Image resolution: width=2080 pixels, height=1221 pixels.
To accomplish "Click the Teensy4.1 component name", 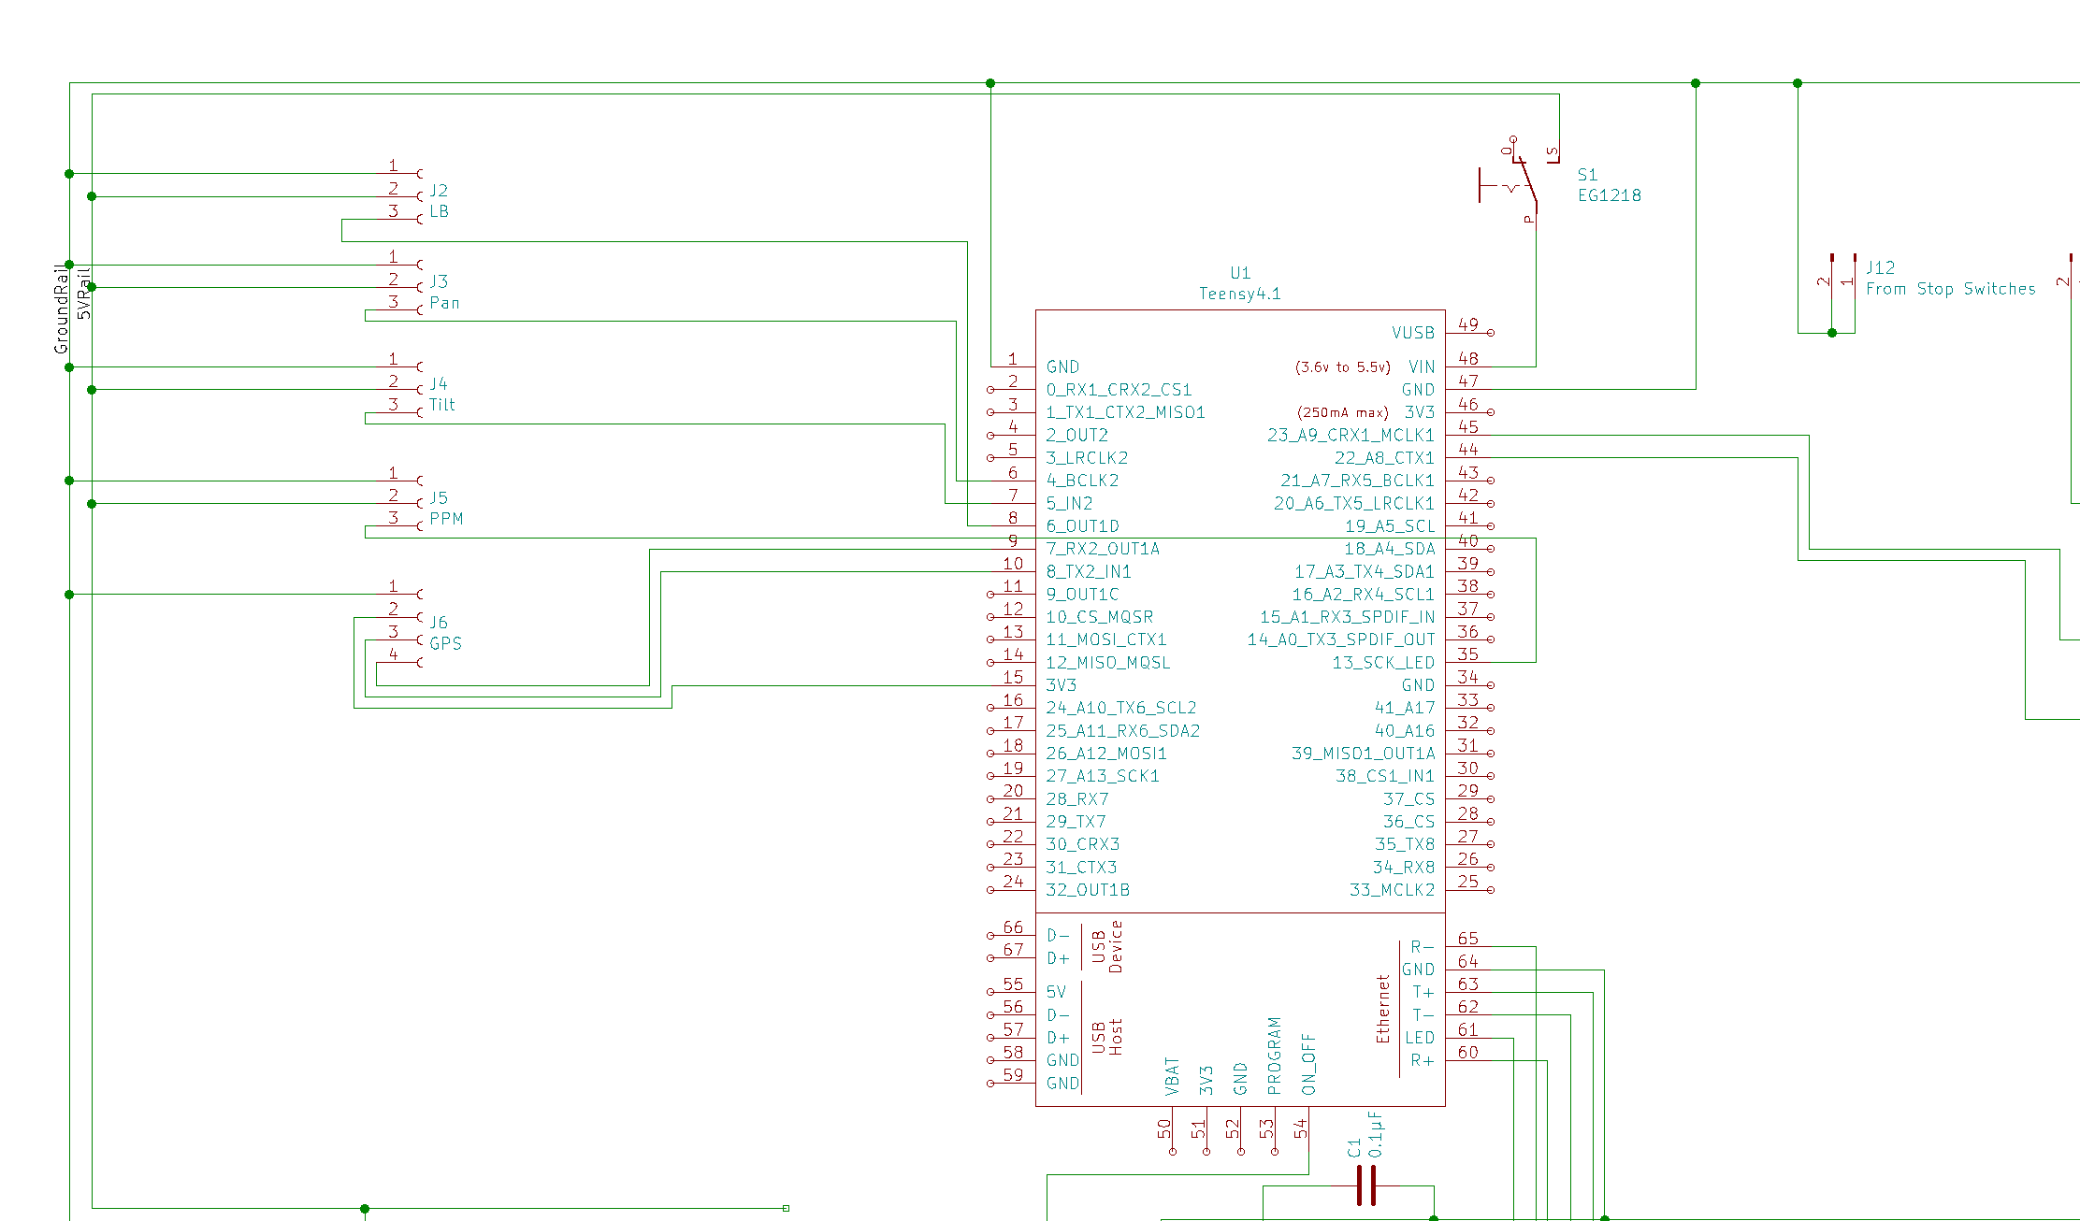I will tap(1240, 294).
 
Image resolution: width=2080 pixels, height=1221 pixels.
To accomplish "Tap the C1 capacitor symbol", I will tap(1365, 1185).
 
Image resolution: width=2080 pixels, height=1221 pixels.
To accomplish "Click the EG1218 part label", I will tap(1609, 195).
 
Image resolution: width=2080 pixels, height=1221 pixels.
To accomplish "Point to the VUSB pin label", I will tap(1412, 333).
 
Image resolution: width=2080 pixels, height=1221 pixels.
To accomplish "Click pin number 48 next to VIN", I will tap(1468, 358).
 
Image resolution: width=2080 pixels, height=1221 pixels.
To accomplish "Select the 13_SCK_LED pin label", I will tap(1383, 663).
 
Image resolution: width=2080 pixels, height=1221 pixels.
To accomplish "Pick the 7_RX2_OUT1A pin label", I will tap(1103, 549).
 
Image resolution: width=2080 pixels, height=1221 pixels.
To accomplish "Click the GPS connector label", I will tap(445, 643).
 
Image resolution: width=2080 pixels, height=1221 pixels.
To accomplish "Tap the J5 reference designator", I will tap(439, 497).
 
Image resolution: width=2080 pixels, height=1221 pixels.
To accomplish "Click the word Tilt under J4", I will tap(442, 405).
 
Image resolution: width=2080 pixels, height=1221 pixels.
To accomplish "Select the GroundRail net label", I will tap(62, 309).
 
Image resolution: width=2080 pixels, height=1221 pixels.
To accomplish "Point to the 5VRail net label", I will tap(84, 294).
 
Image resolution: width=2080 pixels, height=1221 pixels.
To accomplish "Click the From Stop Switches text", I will tap(1950, 289).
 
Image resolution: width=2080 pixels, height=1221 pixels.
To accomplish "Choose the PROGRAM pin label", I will tap(1274, 1056).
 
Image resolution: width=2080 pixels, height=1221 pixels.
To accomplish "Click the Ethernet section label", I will tap(1383, 1009).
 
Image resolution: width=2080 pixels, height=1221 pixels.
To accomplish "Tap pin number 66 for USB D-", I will tap(1013, 927).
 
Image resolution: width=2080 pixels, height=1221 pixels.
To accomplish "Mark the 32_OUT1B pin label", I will tap(1088, 890).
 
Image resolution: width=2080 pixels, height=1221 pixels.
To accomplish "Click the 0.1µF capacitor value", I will tap(1375, 1134).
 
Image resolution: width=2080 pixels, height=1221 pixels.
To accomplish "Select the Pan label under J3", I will tap(444, 303).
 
